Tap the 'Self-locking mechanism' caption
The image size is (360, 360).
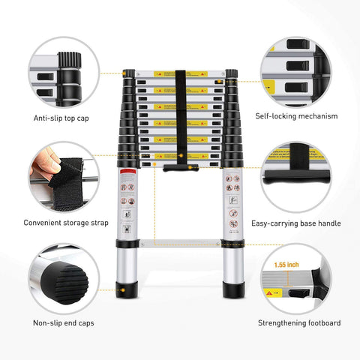point(295,116)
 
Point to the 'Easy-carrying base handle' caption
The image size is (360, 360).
point(295,223)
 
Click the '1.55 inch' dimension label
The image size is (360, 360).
point(286,265)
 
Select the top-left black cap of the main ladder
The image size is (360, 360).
point(129,74)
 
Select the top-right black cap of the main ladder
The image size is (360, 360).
point(231,73)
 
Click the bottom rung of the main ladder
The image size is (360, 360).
point(180,242)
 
